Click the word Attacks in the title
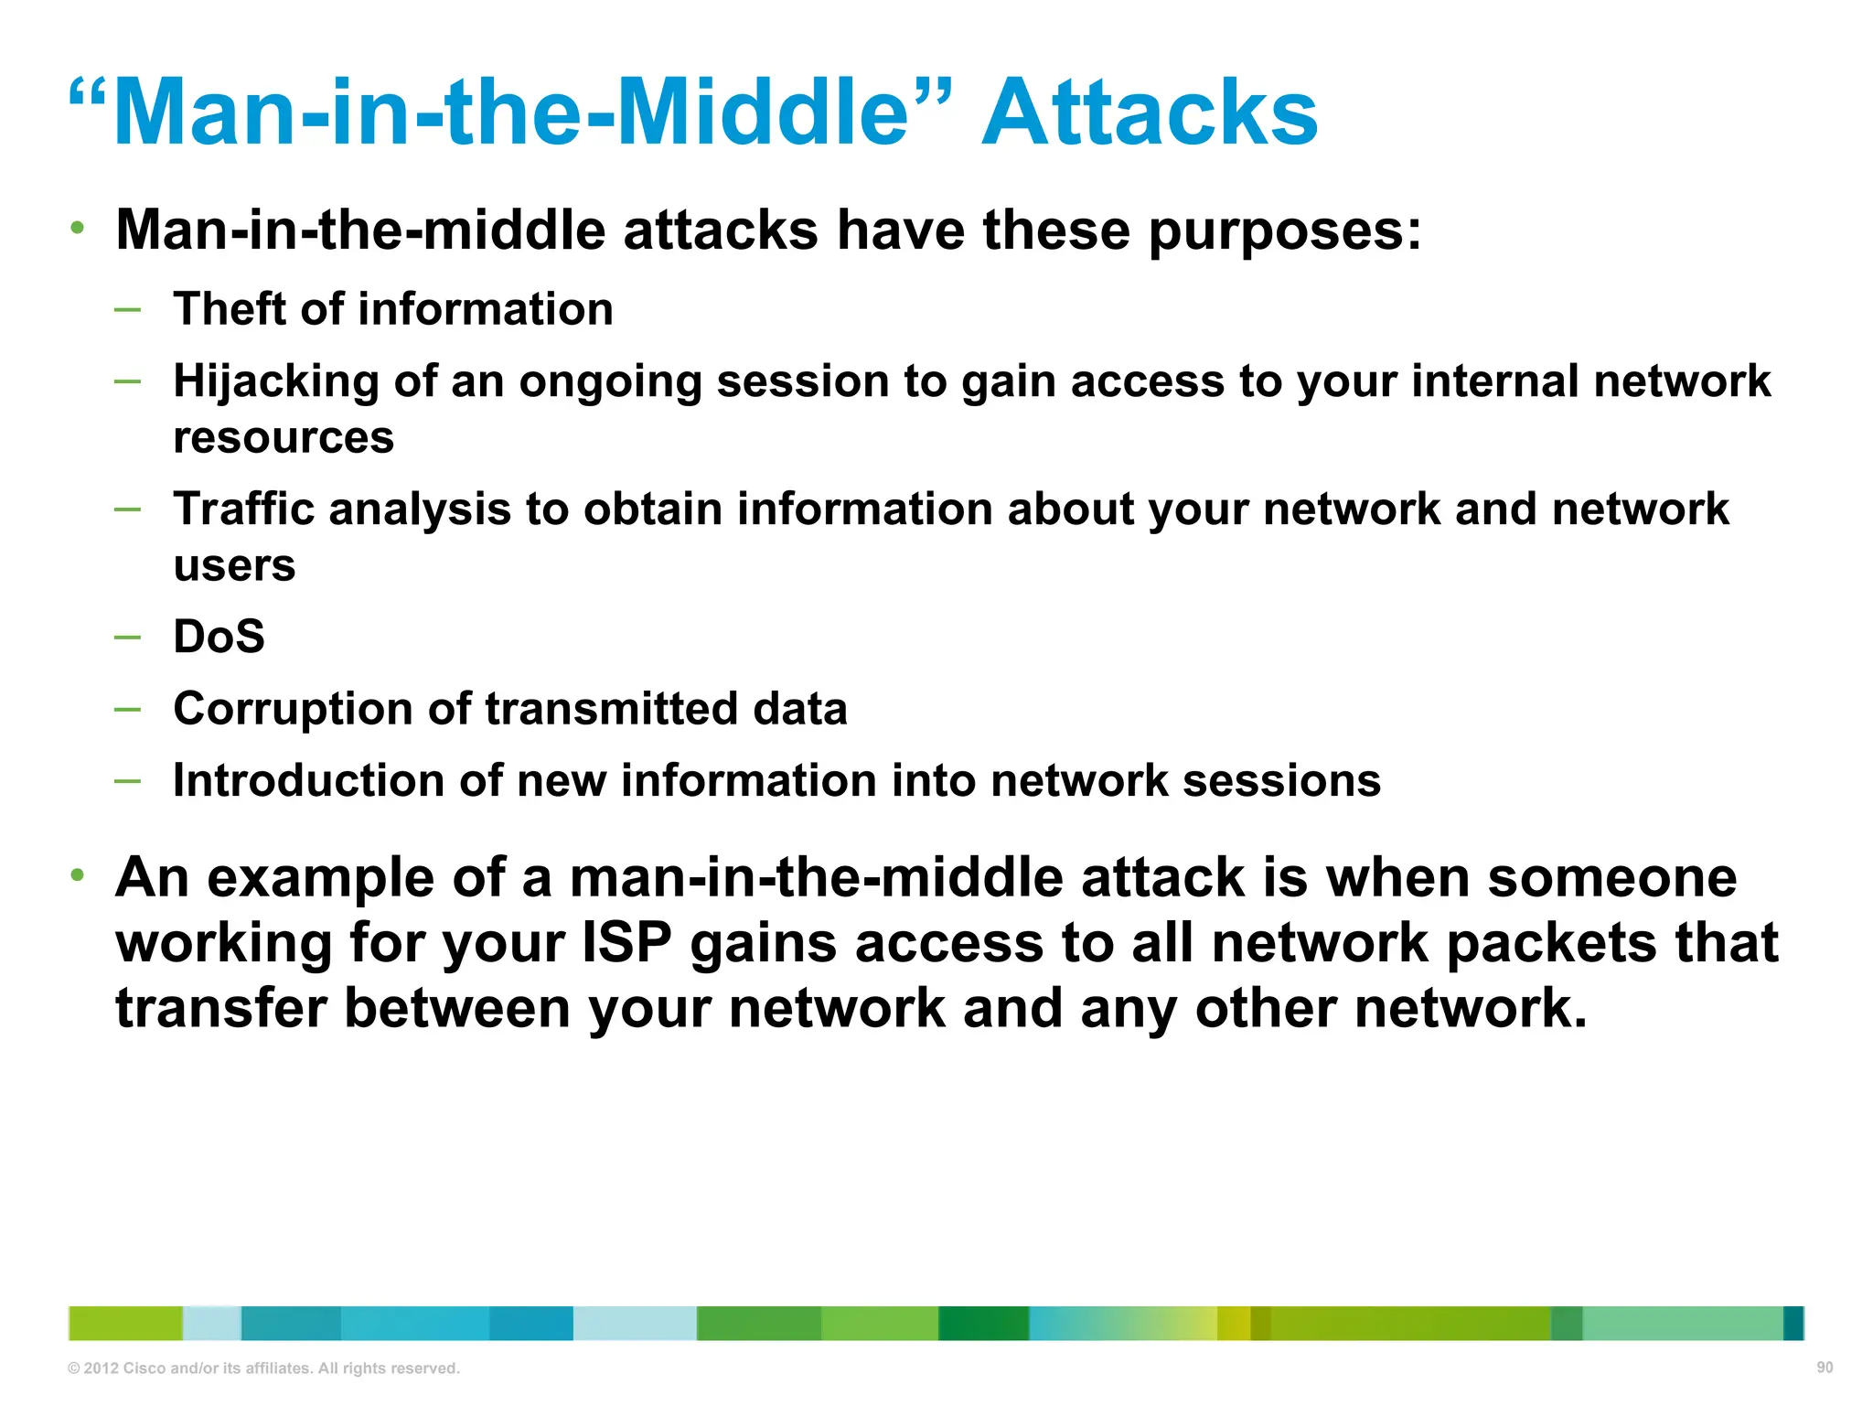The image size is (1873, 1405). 1149,113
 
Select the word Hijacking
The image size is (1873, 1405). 275,382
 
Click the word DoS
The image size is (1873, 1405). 219,637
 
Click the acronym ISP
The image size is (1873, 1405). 626,943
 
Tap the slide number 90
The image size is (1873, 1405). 1824,1367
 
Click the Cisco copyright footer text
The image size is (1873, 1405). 263,1368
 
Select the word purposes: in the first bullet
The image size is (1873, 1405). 1285,231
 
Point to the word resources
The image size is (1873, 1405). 284,437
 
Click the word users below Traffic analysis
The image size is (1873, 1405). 234,565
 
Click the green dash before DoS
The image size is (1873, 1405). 128,637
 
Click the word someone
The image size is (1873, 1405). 1611,878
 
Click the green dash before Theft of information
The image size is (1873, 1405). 128,310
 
